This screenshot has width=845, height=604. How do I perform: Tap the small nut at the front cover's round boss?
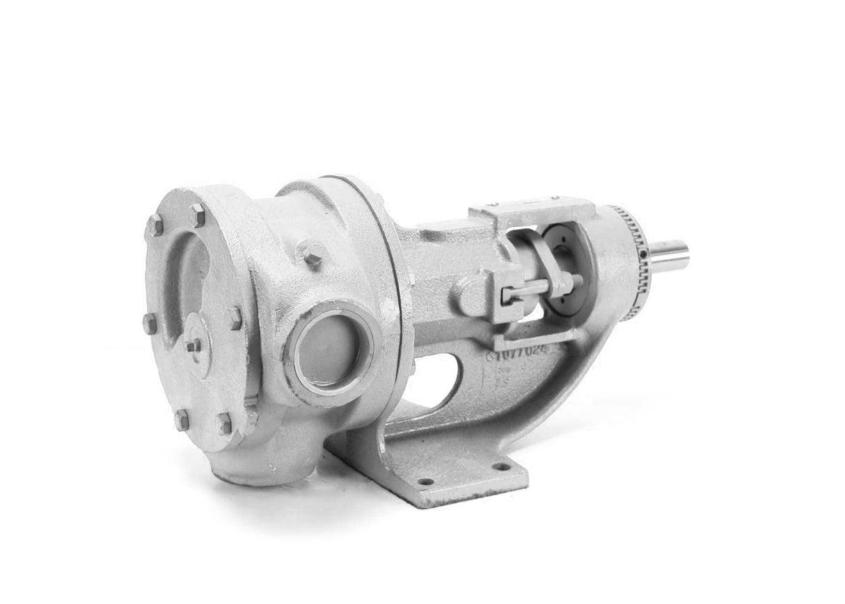[x=191, y=346]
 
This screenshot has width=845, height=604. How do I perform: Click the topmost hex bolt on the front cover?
[x=198, y=217]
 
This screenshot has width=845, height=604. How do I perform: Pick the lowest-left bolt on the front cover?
[x=182, y=419]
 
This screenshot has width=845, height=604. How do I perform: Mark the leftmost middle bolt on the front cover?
[x=148, y=322]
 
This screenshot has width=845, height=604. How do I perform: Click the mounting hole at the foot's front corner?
[x=425, y=481]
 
